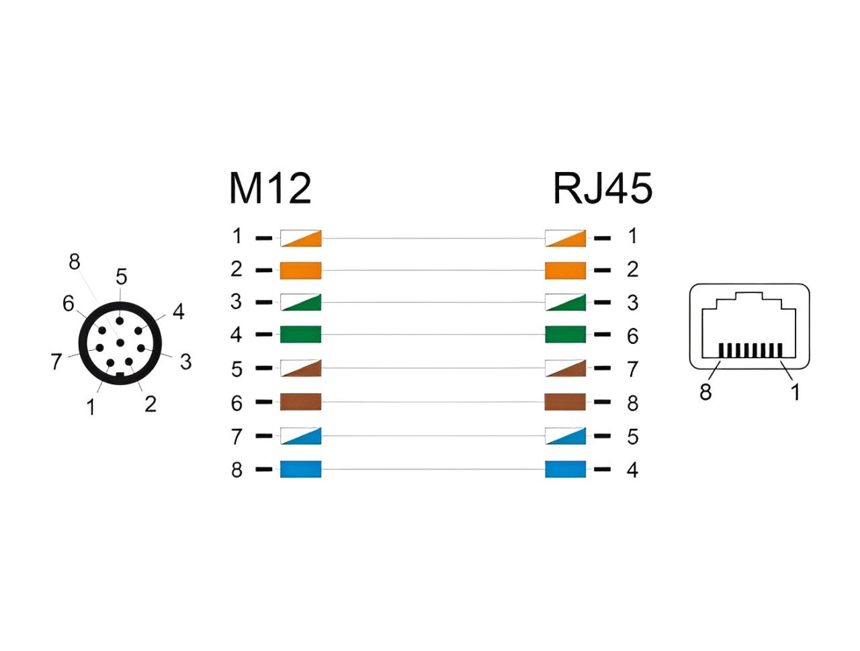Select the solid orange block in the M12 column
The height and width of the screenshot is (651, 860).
pos(300,270)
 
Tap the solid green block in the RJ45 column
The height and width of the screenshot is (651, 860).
pos(565,335)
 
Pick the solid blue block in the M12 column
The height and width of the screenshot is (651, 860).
pos(300,469)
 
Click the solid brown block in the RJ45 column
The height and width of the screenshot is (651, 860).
pos(565,402)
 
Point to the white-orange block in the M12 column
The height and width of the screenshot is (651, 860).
pos(300,238)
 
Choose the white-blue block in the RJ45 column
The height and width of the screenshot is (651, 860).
pos(565,435)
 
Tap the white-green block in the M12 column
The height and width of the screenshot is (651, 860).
pos(300,302)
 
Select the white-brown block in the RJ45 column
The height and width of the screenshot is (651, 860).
pos(565,368)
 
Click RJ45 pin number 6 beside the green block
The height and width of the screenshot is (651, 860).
pos(632,336)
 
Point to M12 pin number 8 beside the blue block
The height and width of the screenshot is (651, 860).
pos(236,470)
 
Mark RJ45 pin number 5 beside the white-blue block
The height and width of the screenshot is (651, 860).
pos(632,436)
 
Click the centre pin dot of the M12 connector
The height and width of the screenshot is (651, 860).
pos(120,343)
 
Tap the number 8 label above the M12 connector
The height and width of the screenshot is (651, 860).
pos(75,261)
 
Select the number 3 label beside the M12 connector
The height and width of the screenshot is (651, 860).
pos(185,361)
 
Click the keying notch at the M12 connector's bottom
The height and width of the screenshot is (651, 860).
pos(120,375)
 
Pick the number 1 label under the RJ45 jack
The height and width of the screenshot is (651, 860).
pos(795,392)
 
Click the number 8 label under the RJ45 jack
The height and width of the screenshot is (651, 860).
pos(705,392)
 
